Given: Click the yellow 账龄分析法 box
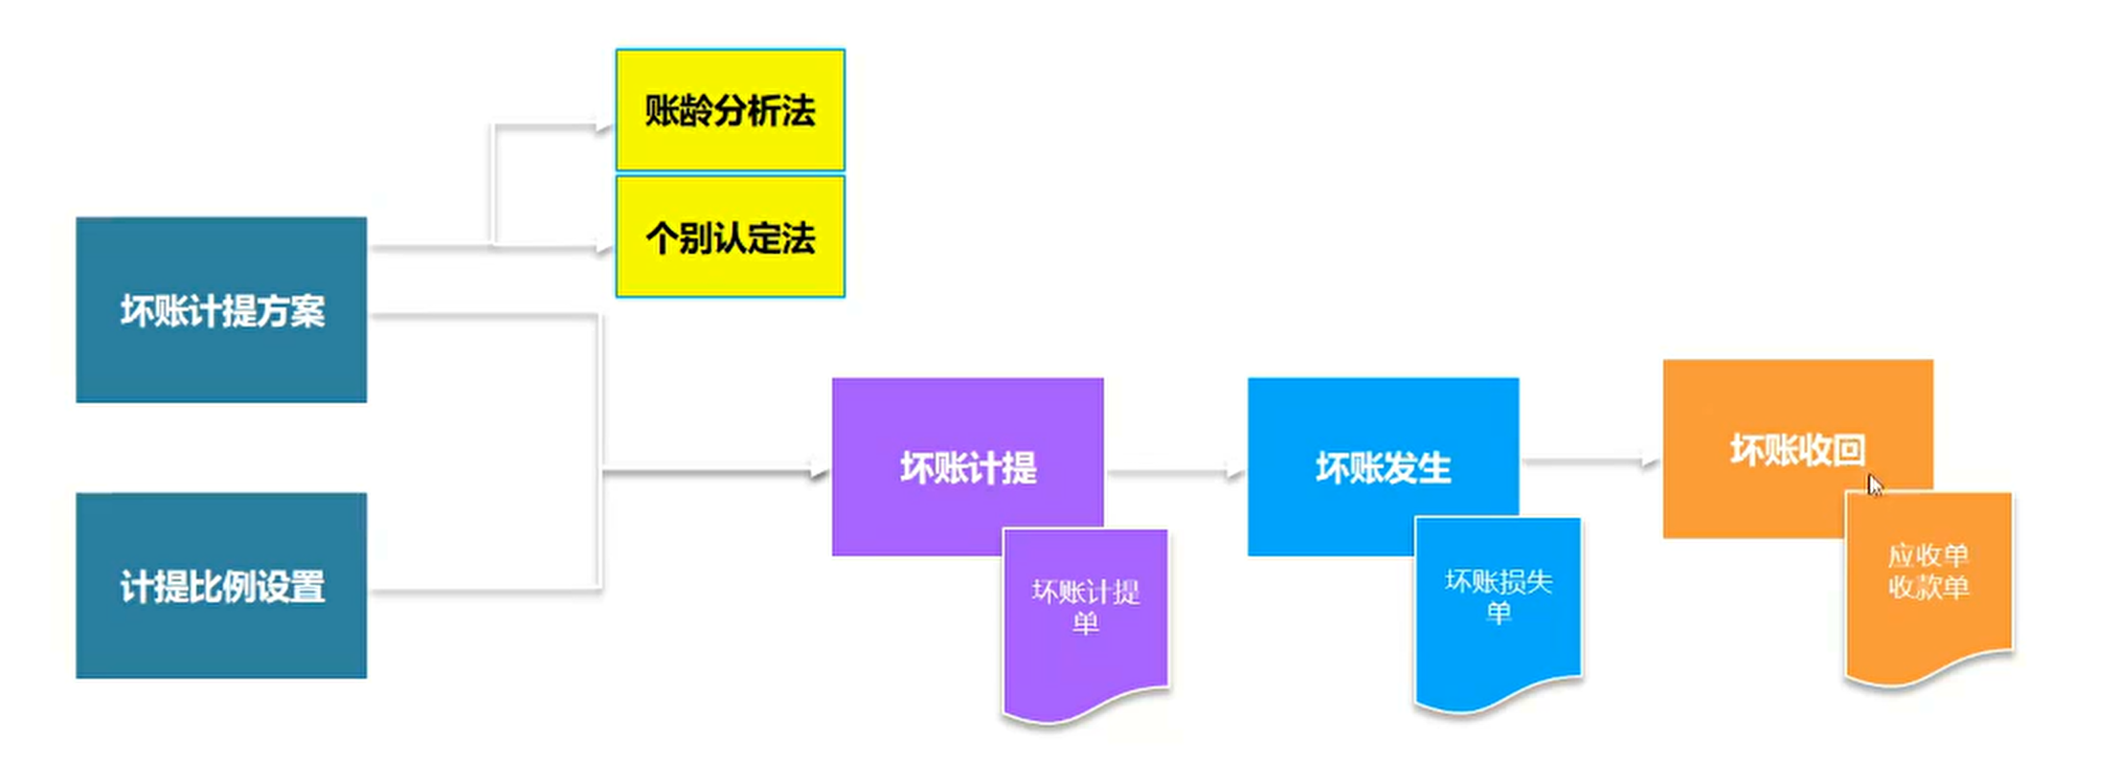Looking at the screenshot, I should pos(730,110).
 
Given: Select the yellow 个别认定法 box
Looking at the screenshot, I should pos(730,237).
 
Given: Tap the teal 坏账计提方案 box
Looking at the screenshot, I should pos(221,310).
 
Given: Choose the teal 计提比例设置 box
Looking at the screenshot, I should pos(221,586).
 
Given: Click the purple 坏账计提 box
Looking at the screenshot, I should pos(967,450).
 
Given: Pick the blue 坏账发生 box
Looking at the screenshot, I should pos(1382,450).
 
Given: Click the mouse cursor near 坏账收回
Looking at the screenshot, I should pos(1875,484).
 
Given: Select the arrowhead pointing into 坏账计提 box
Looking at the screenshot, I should pos(820,470).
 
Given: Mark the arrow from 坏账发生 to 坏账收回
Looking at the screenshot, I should pos(1590,461).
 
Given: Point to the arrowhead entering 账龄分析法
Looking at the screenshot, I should pos(604,125).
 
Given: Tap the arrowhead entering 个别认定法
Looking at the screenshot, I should pos(604,247).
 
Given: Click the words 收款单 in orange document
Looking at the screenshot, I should pos(1928,587).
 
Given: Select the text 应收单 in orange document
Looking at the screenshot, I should pos(1928,555).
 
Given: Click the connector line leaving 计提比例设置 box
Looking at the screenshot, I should pos(484,590).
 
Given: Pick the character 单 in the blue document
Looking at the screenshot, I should pos(1499,614).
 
